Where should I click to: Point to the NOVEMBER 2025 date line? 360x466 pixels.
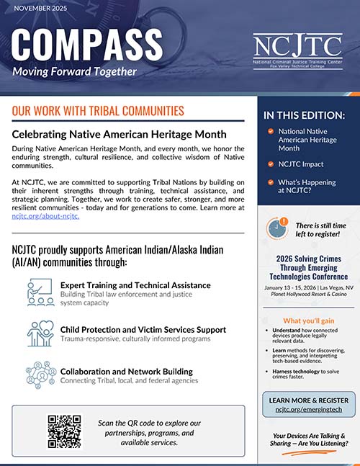pyautogui.click(x=41, y=9)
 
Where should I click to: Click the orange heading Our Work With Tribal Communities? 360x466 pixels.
pyautogui.click(x=98, y=112)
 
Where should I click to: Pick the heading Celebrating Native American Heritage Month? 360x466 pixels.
pyautogui.click(x=120, y=134)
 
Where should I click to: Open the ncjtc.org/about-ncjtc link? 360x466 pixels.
pyautogui.click(x=45, y=216)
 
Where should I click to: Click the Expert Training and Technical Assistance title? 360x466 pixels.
pyautogui.click(x=135, y=285)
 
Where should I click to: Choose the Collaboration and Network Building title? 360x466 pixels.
pyautogui.click(x=127, y=372)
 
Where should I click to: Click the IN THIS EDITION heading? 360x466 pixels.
pyautogui.click(x=305, y=115)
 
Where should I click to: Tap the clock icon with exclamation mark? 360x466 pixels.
pyautogui.click(x=278, y=228)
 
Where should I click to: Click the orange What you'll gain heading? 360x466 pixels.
pyautogui.click(x=307, y=321)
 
